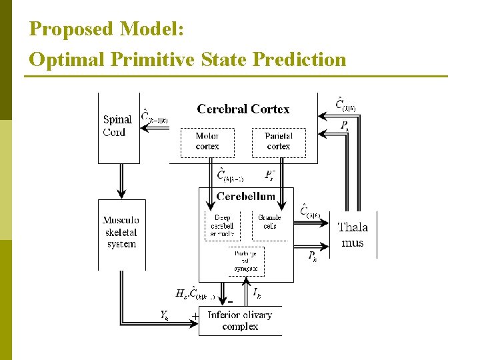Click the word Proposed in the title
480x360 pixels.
point(72,29)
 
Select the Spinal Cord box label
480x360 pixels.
point(117,125)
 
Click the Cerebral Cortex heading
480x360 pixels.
point(243,109)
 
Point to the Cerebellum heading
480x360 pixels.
point(246,196)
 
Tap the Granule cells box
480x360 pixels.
point(269,222)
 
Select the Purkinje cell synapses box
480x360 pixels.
point(246,261)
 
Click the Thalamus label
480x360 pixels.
point(353,235)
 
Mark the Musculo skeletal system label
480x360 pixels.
point(121,232)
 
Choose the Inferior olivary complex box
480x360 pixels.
point(240,321)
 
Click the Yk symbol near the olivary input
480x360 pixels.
point(164,315)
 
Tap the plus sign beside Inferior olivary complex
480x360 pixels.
point(195,315)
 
